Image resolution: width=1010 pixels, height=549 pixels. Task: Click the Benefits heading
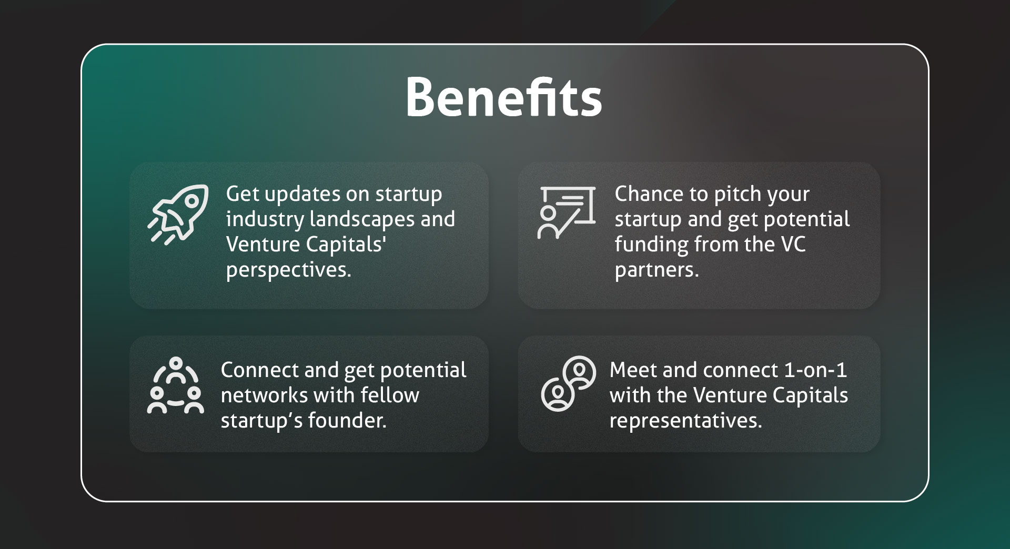tap(504, 98)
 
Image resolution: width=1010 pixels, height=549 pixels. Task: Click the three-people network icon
tap(176, 385)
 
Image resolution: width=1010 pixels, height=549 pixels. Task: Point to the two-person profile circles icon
tap(569, 383)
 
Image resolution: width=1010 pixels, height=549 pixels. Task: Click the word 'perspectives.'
tap(288, 270)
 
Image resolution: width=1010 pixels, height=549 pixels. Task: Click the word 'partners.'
tap(657, 270)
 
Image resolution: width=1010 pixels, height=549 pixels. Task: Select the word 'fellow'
tap(390, 395)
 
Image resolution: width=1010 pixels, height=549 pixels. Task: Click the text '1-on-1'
tap(815, 370)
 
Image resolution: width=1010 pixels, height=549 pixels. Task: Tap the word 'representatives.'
tap(685, 421)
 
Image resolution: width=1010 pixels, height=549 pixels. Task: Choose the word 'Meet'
tap(633, 370)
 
